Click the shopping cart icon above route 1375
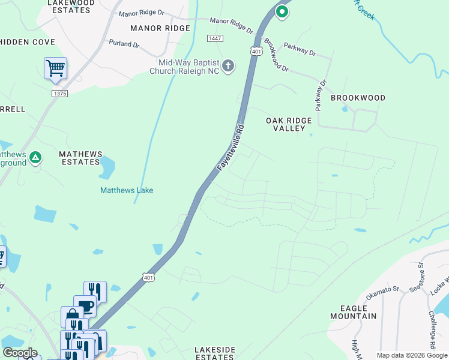pyautogui.click(x=55, y=68)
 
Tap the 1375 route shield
pyautogui.click(x=59, y=93)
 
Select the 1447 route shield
pyautogui.click(x=214, y=38)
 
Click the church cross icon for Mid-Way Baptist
pyautogui.click(x=228, y=66)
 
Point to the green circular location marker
pyautogui.click(x=281, y=11)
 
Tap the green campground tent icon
pyautogui.click(x=35, y=158)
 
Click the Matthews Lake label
pyautogui.click(x=126, y=190)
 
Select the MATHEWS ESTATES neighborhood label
pyautogui.click(x=80, y=158)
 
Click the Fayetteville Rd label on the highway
pyautogui.click(x=231, y=148)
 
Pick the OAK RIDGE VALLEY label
pyautogui.click(x=289, y=124)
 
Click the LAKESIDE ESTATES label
pyautogui.click(x=213, y=353)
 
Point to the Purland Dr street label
pyautogui.click(x=124, y=44)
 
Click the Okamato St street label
pyautogui.click(x=383, y=290)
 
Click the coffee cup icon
pyautogui.click(x=85, y=306)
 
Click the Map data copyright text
pyautogui.click(x=411, y=355)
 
